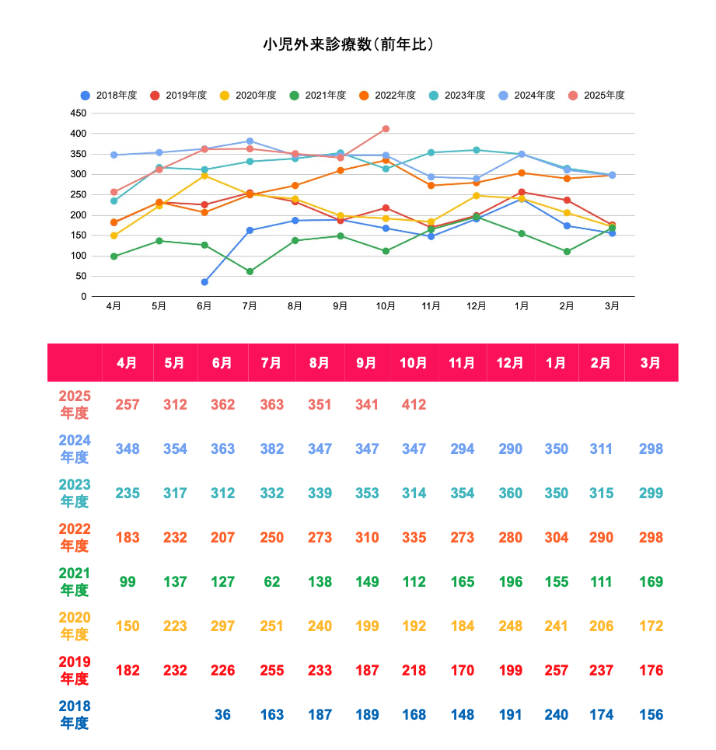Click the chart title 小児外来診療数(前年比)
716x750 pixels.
(x=348, y=44)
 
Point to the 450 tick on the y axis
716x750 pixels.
(x=79, y=113)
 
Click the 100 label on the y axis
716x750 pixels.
(x=79, y=256)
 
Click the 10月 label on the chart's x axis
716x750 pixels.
(x=386, y=306)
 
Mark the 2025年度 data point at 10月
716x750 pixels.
(x=386, y=129)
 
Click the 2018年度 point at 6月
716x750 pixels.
(x=204, y=282)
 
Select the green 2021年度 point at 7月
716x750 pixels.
(x=250, y=271)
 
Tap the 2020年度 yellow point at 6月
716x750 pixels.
(x=204, y=176)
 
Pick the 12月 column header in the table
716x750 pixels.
(x=510, y=363)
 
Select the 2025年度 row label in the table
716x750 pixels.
(x=75, y=405)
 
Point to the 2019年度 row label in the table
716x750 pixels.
(x=75, y=671)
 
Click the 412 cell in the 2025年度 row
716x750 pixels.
(x=414, y=405)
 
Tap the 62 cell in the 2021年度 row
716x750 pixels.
(x=271, y=582)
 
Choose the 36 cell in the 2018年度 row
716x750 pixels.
(x=222, y=715)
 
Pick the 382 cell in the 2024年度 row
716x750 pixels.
(x=271, y=449)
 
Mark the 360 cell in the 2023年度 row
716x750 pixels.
(x=510, y=494)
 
